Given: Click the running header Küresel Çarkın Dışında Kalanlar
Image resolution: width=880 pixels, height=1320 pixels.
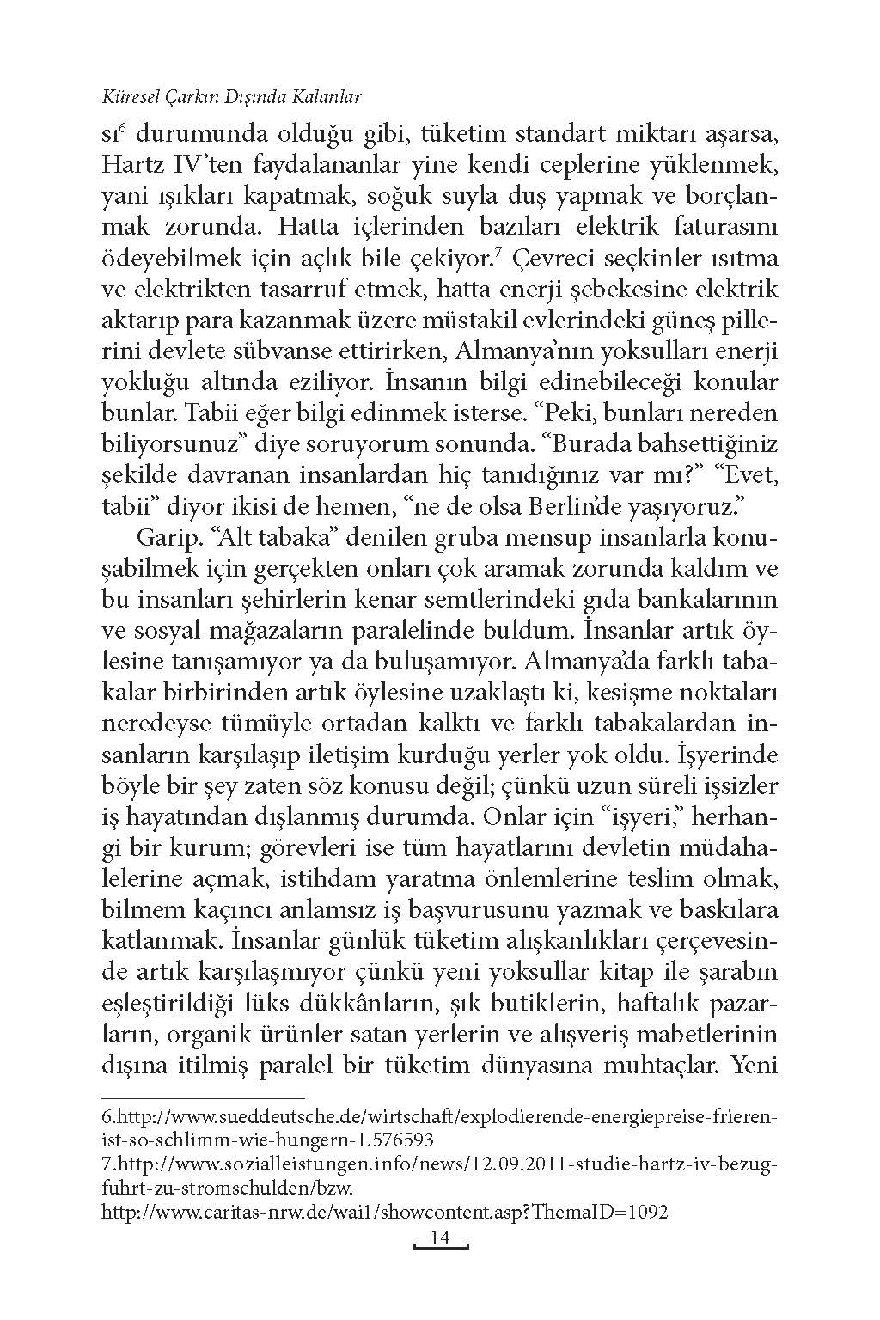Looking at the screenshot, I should pos(231,96).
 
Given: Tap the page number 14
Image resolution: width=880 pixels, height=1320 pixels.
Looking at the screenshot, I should pos(439,1238).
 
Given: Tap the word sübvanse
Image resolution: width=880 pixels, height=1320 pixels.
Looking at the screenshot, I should pos(266,351).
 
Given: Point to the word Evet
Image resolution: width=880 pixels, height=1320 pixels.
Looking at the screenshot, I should pos(747,474).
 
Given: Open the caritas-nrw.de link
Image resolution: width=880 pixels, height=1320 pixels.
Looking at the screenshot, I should pos(385,1212).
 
